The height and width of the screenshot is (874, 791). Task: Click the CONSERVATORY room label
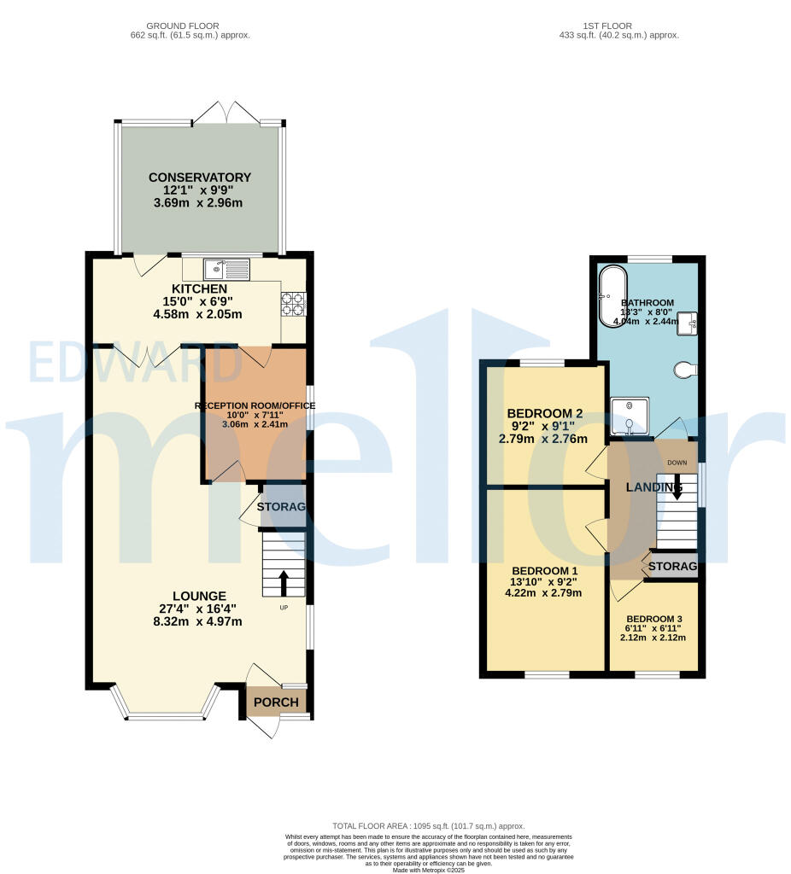[x=200, y=178]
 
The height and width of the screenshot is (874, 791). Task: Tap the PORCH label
[x=277, y=702]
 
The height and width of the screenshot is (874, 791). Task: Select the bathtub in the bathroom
[x=612, y=297]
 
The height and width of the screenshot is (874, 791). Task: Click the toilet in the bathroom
[x=687, y=370]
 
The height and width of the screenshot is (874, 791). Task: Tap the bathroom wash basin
[x=690, y=322]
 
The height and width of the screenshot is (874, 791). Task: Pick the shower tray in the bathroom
[x=630, y=417]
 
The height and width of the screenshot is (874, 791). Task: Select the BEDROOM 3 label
[x=654, y=619]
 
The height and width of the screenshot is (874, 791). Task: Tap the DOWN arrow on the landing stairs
[x=677, y=488]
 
